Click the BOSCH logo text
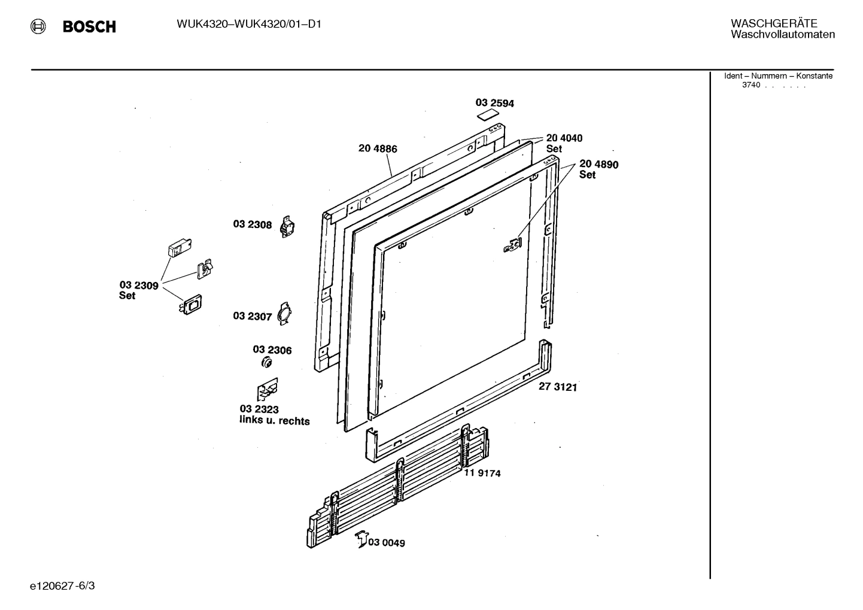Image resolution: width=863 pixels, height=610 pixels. click(89, 27)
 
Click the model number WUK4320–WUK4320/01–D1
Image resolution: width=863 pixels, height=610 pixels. click(249, 25)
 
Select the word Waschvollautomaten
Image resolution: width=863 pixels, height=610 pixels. click(782, 35)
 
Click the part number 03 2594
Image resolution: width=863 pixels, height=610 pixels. click(494, 103)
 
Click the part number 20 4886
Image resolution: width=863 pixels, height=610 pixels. click(378, 148)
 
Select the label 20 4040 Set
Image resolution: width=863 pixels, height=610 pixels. click(563, 143)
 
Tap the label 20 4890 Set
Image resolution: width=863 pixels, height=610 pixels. click(598, 169)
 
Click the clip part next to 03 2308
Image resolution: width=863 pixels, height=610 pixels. click(288, 226)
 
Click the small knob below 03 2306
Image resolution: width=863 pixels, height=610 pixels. click(267, 363)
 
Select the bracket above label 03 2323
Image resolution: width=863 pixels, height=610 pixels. click(268, 390)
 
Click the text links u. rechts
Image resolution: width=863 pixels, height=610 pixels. click(274, 421)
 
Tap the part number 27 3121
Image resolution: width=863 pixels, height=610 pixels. click(557, 387)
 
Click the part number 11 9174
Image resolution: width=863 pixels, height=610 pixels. click(482, 473)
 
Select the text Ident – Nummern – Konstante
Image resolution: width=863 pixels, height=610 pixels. click(778, 76)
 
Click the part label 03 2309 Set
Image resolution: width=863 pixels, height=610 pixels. click(138, 290)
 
